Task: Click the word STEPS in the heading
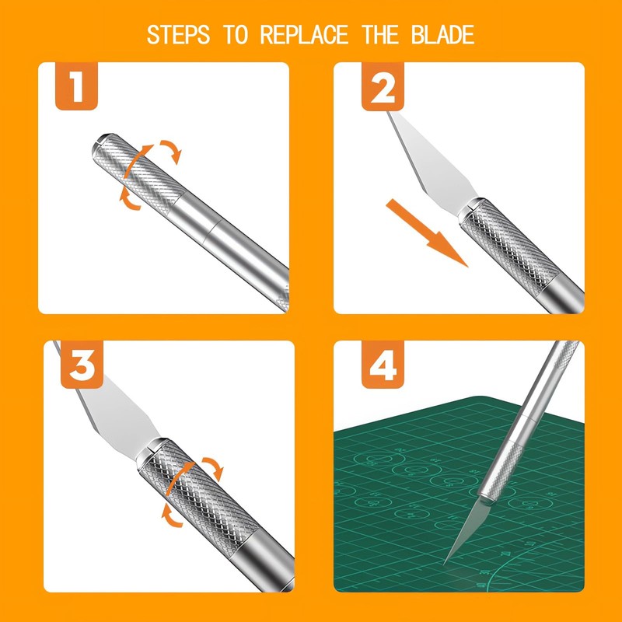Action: (x=178, y=34)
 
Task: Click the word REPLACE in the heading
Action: (x=304, y=34)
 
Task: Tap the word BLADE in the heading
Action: (x=442, y=34)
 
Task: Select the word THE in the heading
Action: (x=380, y=34)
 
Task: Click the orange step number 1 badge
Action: (x=76, y=86)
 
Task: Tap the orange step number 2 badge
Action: (x=383, y=86)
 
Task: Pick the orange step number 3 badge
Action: (x=82, y=365)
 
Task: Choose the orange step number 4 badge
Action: (x=383, y=365)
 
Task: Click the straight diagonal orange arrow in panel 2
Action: (x=427, y=232)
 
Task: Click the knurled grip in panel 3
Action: (x=198, y=498)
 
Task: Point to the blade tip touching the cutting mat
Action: (x=445, y=564)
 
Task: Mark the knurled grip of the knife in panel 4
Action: (x=499, y=472)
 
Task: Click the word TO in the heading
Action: (x=236, y=34)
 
